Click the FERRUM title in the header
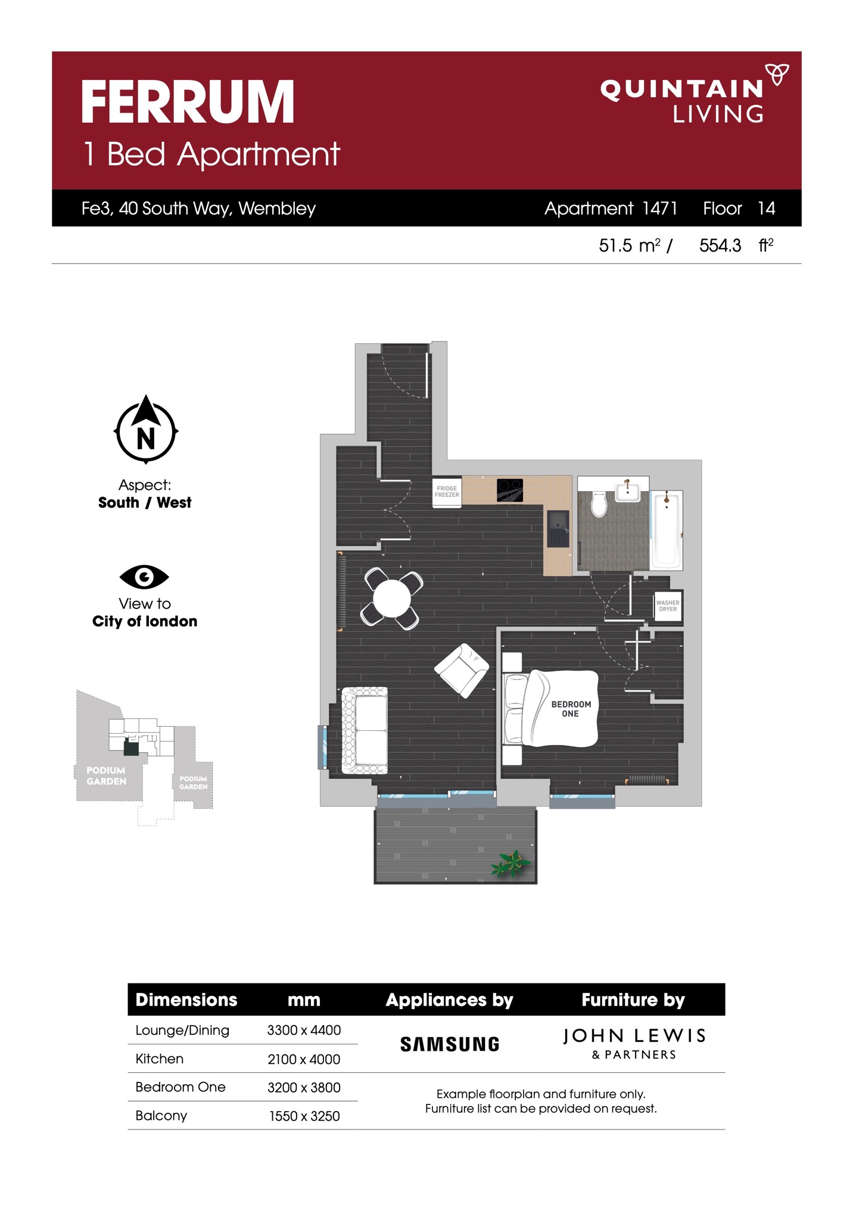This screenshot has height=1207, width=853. (188, 102)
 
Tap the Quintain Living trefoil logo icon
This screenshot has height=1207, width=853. (777, 75)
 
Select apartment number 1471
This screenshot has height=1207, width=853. (659, 208)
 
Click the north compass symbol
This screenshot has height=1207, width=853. (146, 429)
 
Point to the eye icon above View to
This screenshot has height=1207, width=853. (144, 576)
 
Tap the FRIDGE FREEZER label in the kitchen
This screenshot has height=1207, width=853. (447, 492)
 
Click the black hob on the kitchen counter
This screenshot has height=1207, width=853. (510, 490)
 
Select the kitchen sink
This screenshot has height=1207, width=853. (558, 529)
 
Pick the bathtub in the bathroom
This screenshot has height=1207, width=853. (667, 529)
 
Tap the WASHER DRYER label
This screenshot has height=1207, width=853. (668, 606)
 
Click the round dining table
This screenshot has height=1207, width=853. (391, 598)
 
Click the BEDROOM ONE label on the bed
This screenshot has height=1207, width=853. (571, 709)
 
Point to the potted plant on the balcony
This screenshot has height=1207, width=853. (510, 864)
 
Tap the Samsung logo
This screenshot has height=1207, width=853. (450, 1044)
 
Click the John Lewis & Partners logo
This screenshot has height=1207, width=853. (634, 1042)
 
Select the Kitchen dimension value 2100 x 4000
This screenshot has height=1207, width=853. (304, 1059)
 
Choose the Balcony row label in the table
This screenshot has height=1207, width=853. (161, 1116)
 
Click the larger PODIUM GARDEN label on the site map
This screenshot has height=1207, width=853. (106, 775)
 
